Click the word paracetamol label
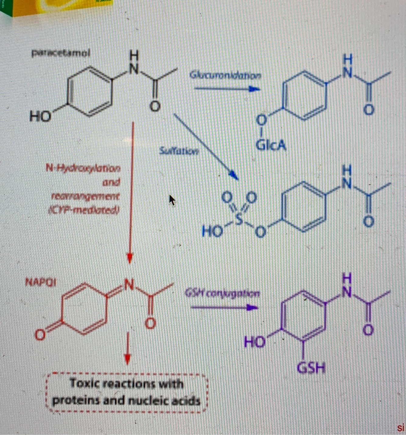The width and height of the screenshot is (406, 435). pos(61,53)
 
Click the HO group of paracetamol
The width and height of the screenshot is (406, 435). pos(40,116)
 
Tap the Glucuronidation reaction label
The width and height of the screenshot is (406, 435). pos(225,75)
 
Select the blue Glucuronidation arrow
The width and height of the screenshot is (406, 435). pos(227,89)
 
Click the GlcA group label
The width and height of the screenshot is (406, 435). pos(271,145)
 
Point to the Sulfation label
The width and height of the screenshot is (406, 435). pos(179,151)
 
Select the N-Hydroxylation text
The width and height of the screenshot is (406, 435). pos(83,168)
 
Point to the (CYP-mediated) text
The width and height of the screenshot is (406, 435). pos(84,210)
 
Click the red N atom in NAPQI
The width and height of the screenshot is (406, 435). pos(129,285)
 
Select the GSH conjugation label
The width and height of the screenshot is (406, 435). pos(222,294)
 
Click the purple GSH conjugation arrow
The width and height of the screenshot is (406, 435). pos(224,308)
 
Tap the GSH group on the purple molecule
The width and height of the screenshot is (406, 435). pos(311,368)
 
